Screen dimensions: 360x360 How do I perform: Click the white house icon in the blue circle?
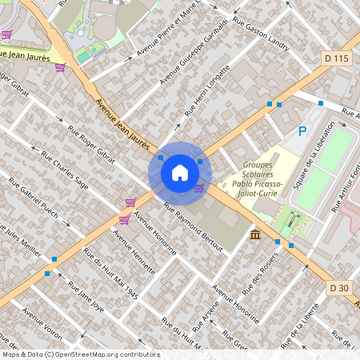coord(180,172)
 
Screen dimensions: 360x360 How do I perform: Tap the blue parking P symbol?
coord(302,131)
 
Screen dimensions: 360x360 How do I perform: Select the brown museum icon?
coord(254,234)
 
